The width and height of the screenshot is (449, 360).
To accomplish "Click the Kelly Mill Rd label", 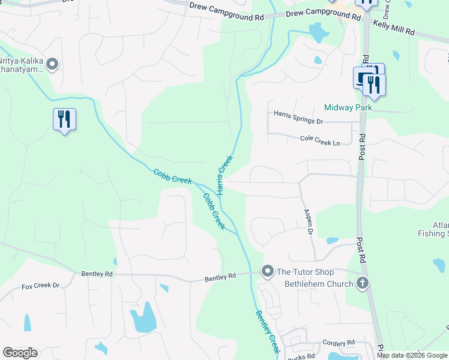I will pos(394,26).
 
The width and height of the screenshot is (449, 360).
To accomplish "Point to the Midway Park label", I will pos(348,107).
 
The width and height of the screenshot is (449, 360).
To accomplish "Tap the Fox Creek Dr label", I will pos(40,286).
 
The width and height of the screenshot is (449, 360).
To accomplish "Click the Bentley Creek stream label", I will pos(268,331).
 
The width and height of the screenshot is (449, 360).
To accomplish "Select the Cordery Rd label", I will pos(340,343).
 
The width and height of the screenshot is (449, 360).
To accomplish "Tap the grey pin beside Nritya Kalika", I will pos(52,64).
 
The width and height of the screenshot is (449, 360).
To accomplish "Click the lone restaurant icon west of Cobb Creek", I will pos(64,119).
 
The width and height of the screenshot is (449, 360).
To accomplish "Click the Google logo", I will pos(20,353).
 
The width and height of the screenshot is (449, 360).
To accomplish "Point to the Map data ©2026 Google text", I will pos(412,355).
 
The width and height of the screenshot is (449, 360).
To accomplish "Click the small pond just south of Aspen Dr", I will pos(333,241).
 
